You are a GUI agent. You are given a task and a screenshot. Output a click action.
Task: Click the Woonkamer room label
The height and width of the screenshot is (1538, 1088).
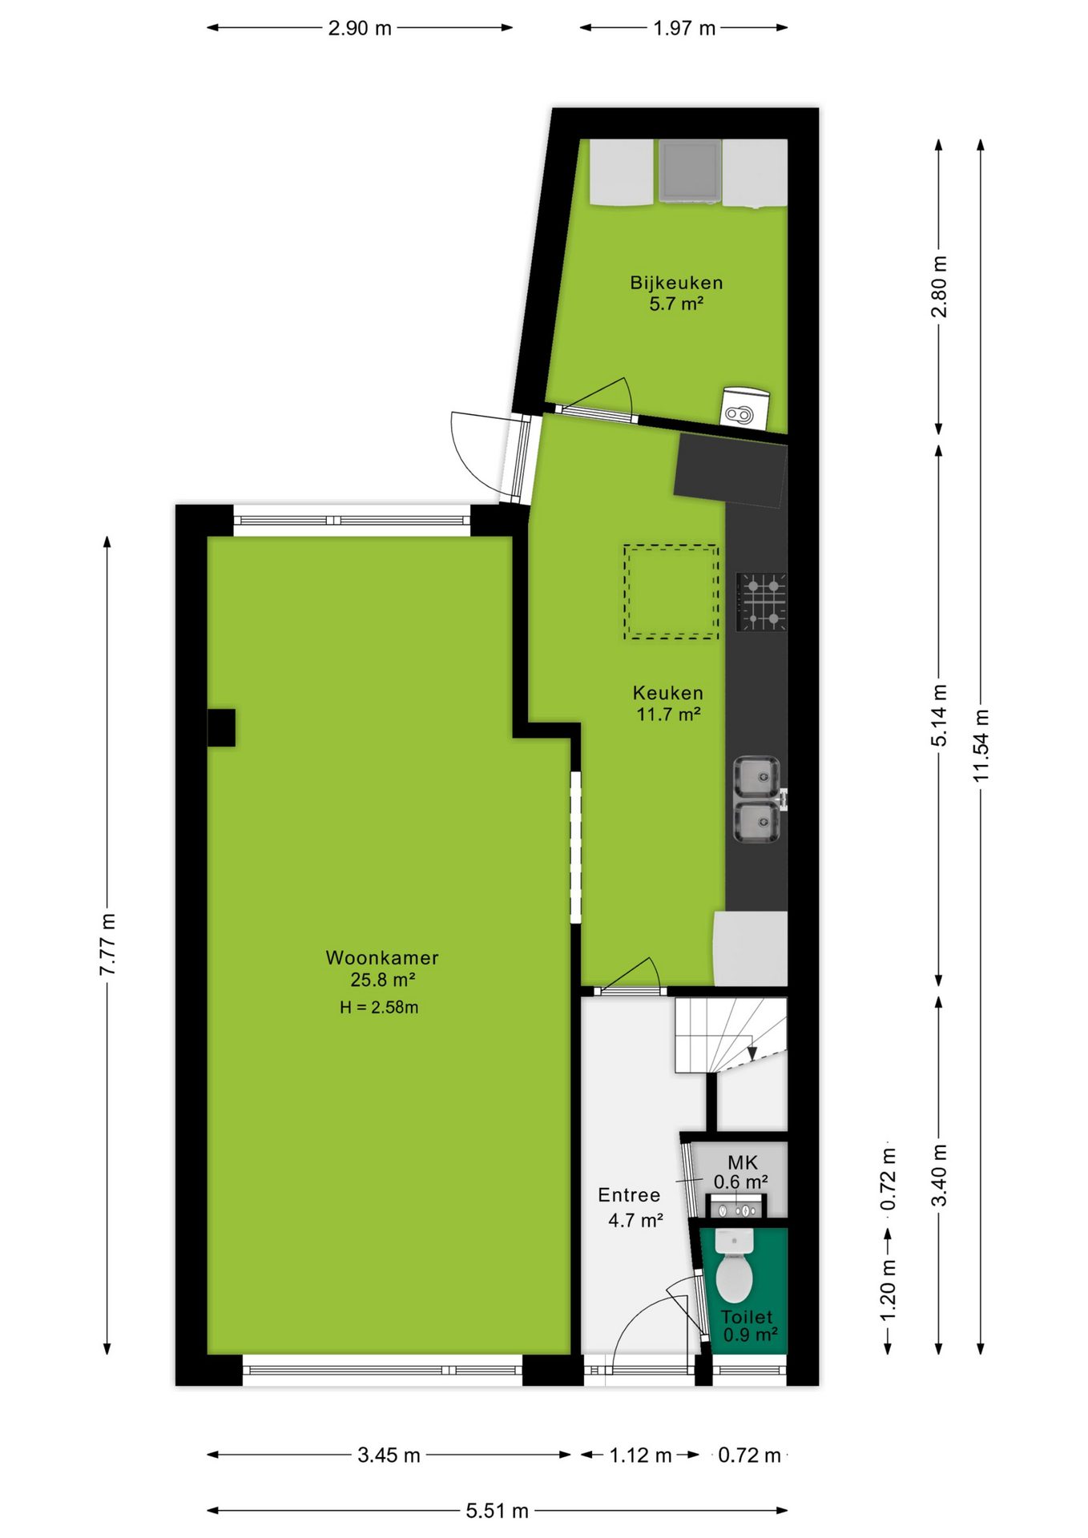382,957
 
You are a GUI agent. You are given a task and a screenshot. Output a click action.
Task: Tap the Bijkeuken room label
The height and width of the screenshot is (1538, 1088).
676,283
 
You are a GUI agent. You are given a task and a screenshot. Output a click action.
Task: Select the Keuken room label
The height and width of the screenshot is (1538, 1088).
668,693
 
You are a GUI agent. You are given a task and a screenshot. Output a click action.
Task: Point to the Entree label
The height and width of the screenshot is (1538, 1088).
629,1195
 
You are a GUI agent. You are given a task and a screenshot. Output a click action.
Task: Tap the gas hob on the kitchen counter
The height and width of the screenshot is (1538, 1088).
761,602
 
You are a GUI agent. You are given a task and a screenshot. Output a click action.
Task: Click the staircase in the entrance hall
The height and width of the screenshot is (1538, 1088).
731,1035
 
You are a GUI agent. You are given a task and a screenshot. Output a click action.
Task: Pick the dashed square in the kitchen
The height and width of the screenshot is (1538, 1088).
671,592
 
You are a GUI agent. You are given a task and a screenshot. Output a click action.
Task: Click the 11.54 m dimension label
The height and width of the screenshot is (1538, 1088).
981,745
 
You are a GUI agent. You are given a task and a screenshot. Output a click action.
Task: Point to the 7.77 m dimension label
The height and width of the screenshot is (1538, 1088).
107,944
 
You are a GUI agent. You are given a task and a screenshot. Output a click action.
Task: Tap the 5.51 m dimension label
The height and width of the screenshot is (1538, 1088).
497,1511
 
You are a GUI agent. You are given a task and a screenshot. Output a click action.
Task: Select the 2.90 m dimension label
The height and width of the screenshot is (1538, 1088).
360,28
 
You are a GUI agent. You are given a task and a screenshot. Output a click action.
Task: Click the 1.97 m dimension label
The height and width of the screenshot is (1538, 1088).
684,28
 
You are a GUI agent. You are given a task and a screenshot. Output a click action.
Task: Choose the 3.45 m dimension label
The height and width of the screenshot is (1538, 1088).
389,1455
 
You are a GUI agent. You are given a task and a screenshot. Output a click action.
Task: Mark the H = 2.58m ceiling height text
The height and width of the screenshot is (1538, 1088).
379,1007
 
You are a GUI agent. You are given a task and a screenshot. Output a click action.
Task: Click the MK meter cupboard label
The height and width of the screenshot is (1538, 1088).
742,1162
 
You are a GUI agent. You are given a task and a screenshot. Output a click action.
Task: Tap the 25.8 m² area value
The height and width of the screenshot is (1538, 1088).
382,979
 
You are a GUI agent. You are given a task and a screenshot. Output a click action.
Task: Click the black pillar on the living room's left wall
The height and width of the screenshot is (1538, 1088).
222,727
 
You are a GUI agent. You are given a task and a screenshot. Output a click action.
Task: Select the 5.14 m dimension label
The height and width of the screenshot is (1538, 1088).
939,715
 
